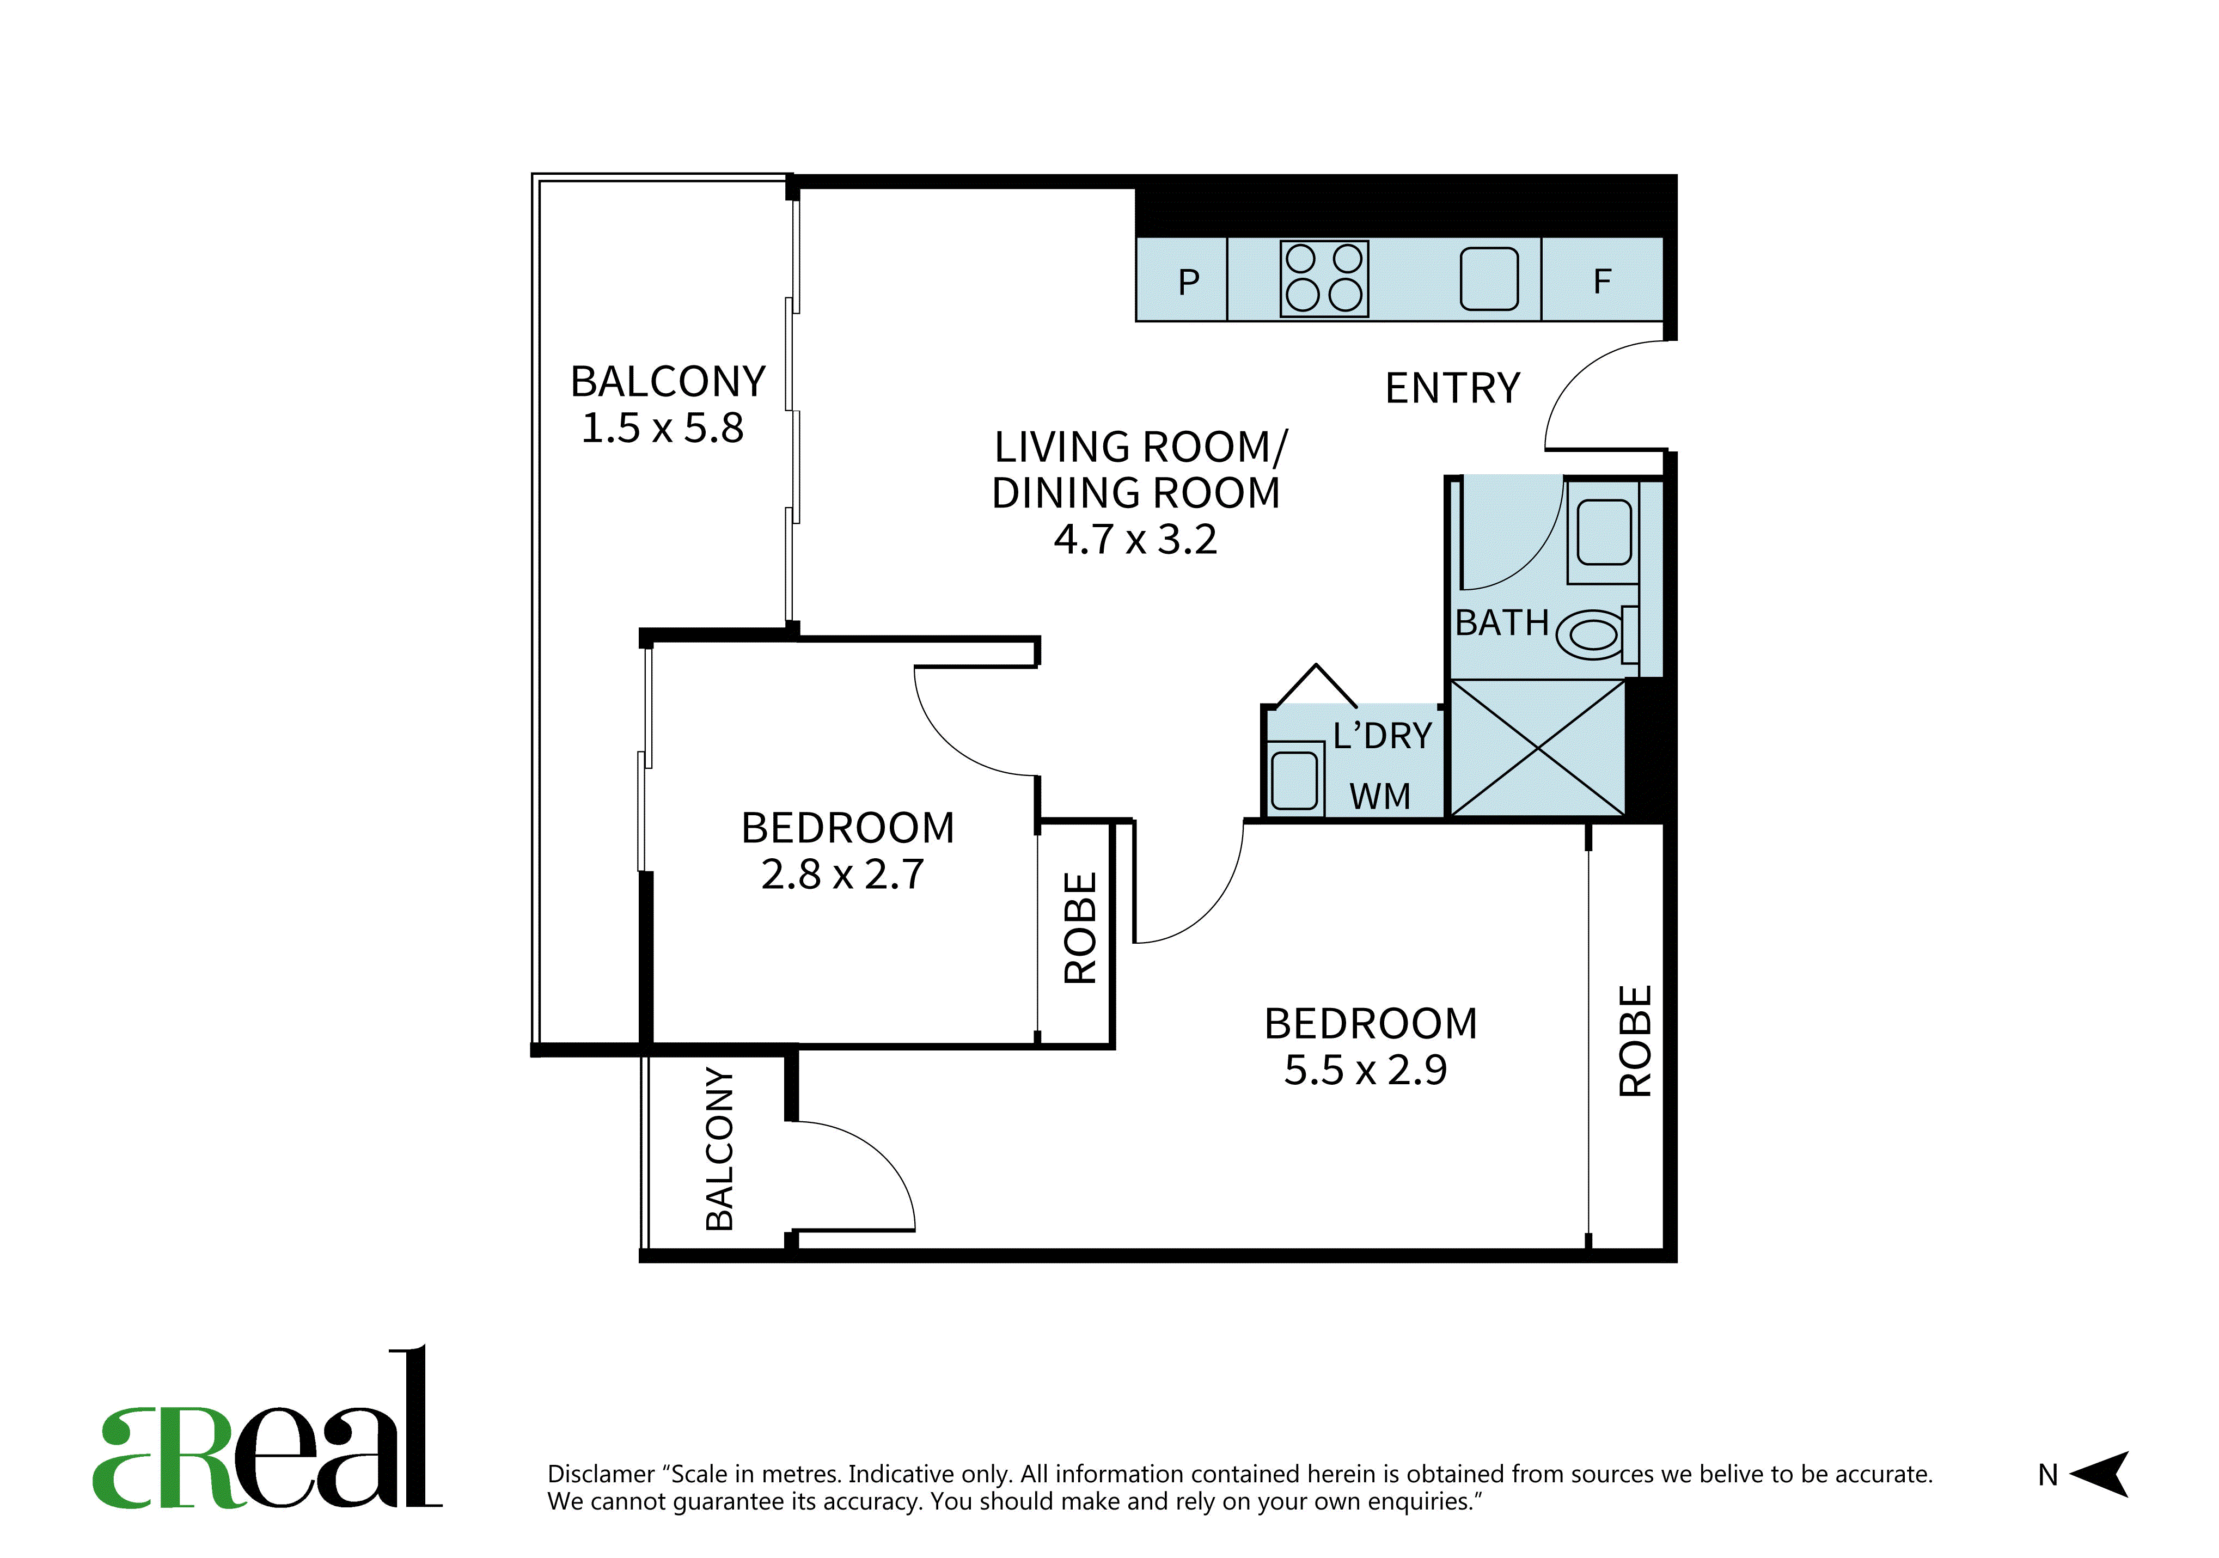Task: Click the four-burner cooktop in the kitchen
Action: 1324,278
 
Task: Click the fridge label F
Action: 1603,281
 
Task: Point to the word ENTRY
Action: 1453,388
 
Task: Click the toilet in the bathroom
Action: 1597,633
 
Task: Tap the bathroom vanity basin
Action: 1604,531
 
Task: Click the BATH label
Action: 1502,624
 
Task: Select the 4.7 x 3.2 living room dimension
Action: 1135,539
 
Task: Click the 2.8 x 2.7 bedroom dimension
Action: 843,875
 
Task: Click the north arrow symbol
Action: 2100,1474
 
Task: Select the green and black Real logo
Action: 267,1427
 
